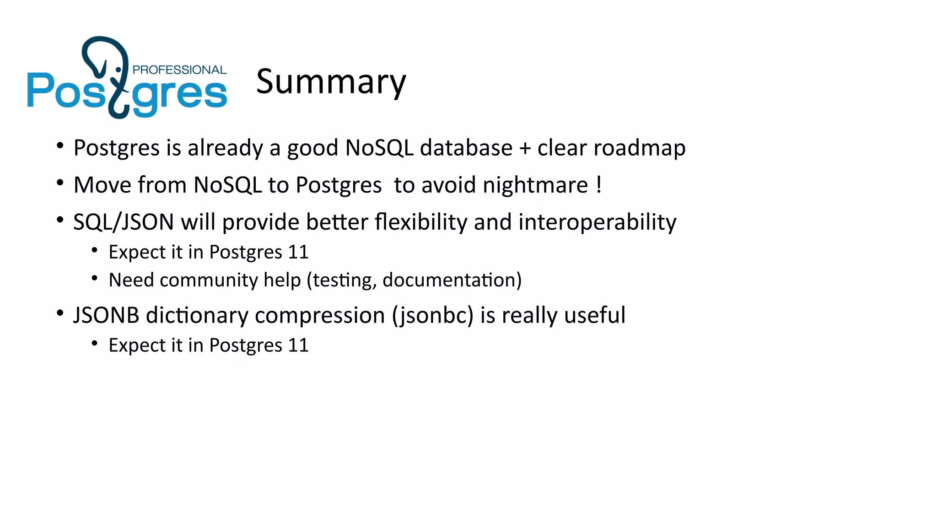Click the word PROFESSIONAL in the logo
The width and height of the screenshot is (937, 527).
click(179, 70)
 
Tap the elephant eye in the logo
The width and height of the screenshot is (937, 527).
click(118, 70)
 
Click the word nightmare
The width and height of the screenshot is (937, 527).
click(535, 186)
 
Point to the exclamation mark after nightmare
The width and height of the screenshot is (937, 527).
click(599, 184)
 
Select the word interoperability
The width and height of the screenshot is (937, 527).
click(597, 223)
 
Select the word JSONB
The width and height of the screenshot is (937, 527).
click(106, 316)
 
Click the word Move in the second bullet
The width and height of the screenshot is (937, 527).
click(103, 186)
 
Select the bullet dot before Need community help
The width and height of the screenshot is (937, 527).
click(95, 278)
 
